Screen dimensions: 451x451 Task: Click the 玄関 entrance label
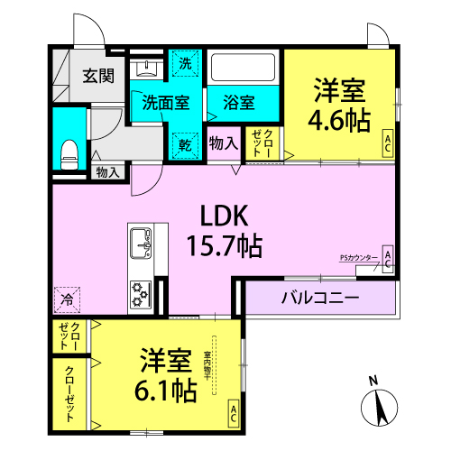coord(100,76)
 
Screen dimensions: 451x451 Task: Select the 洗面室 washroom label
coord(165,102)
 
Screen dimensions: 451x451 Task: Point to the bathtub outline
coord(244,69)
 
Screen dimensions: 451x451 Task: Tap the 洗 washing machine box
coord(185,64)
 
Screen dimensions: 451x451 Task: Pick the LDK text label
coord(223,216)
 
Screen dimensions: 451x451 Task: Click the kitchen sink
coord(143,244)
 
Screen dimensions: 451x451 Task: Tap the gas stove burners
coord(142,292)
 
